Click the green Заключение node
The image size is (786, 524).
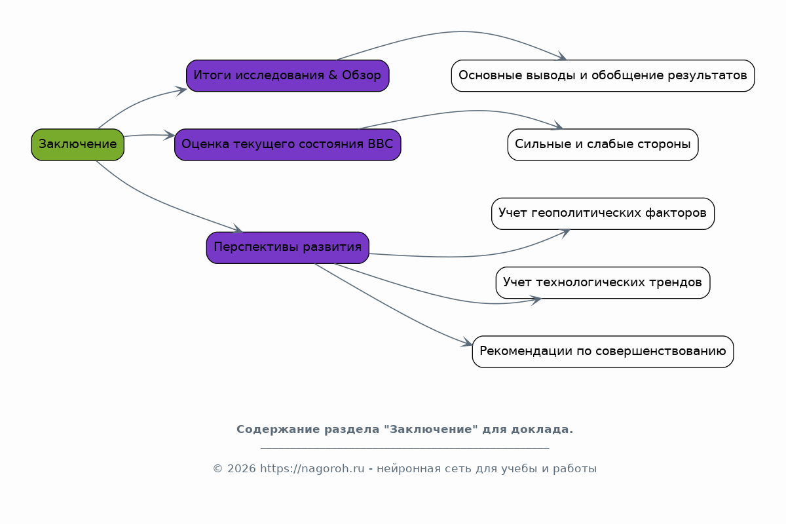77,145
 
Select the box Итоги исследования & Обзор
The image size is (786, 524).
288,76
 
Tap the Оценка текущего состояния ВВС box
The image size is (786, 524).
288,145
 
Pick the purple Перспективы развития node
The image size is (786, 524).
288,248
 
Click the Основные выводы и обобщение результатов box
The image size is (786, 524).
603,76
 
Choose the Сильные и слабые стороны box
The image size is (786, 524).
603,145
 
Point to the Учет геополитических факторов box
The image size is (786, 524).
603,214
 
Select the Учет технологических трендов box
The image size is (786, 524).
603,282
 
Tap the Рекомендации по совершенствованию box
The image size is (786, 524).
603,352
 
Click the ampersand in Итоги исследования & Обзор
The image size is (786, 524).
333,75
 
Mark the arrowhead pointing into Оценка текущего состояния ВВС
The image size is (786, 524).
170,135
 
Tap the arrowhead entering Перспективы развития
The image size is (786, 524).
238,229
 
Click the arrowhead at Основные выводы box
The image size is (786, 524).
561,56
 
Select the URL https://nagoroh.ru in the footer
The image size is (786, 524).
312,468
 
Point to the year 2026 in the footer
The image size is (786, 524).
242,468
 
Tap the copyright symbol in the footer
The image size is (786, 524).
218,468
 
